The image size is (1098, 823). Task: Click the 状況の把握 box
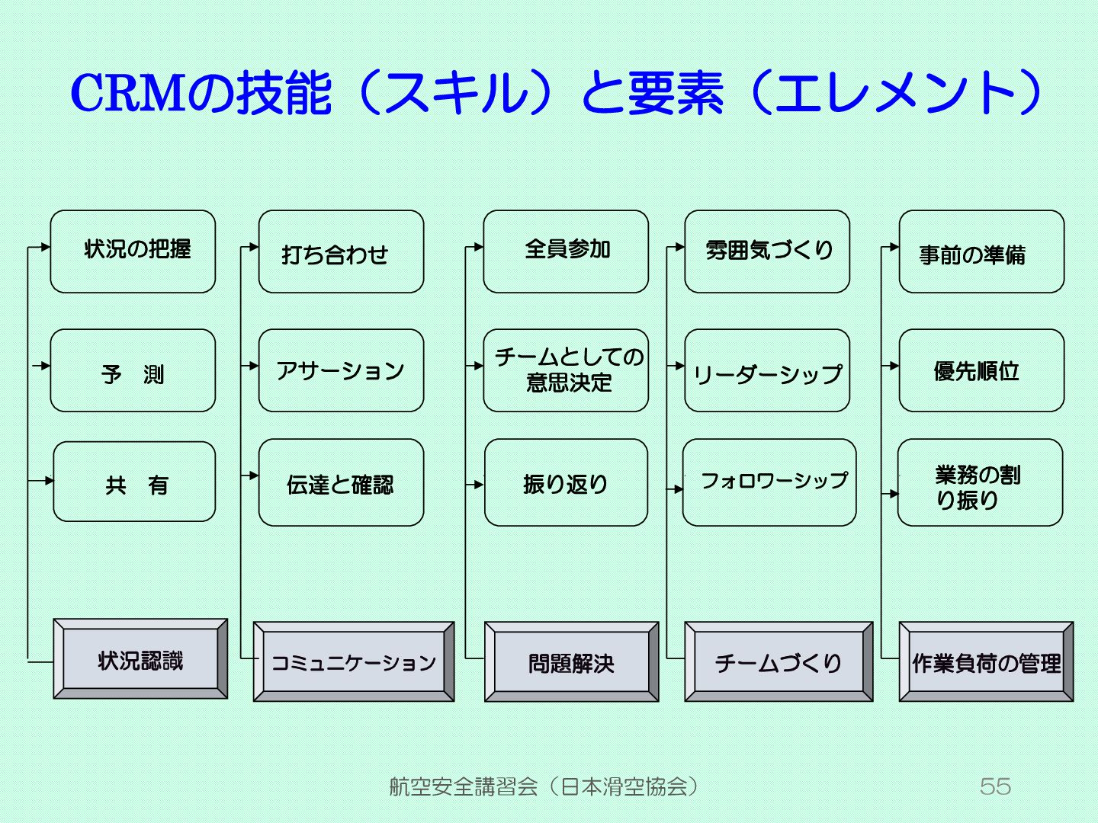[x=133, y=251]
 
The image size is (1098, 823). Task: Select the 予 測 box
[x=133, y=371]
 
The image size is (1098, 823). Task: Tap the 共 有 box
[x=134, y=482]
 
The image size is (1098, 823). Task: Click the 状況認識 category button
[x=140, y=659]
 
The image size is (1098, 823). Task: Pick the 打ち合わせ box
[x=341, y=251]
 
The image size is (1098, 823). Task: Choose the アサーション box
[x=341, y=371]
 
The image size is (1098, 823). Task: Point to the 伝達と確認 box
[x=341, y=482]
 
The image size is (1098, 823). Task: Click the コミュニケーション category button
[x=354, y=661]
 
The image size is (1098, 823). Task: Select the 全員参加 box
[x=566, y=251]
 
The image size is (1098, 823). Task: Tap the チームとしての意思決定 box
[x=566, y=371]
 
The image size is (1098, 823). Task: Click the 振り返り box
[x=566, y=482]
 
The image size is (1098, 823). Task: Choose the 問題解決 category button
[x=572, y=661]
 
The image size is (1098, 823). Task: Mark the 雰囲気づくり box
[x=767, y=251]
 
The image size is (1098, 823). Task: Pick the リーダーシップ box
[x=767, y=371]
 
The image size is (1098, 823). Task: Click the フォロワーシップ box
[x=769, y=482]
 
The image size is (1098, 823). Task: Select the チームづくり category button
[x=779, y=661]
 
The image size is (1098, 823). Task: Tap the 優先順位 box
[x=981, y=371]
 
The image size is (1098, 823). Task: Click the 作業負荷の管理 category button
[x=986, y=661]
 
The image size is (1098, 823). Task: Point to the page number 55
[x=995, y=786]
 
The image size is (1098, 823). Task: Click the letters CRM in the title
[x=128, y=93]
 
